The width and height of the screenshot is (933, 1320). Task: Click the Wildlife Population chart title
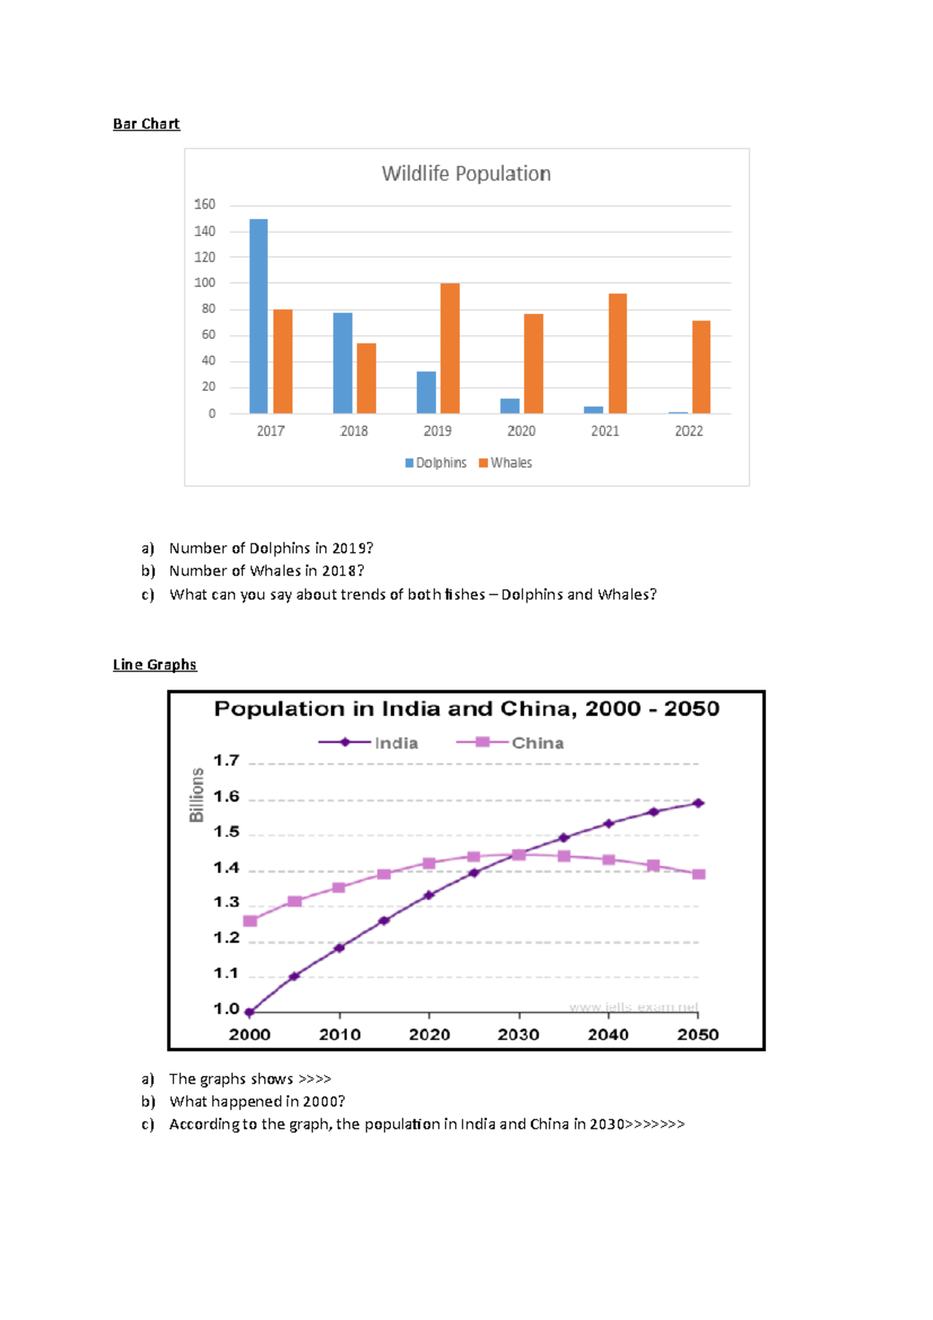tap(466, 173)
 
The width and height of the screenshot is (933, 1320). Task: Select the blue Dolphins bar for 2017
tap(258, 316)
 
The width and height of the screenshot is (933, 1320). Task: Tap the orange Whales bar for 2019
tap(449, 347)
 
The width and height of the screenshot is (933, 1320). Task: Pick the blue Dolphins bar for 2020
tap(509, 406)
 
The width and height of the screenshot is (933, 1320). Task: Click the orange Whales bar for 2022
tap(701, 366)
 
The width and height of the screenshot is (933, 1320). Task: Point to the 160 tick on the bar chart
tap(204, 204)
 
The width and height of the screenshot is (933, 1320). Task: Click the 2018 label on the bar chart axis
tap(354, 431)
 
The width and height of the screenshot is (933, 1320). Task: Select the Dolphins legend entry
tap(435, 463)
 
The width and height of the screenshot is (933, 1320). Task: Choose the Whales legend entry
tap(505, 463)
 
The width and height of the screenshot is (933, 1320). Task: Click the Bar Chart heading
tap(146, 124)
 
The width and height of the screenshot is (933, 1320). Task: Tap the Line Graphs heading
tap(155, 665)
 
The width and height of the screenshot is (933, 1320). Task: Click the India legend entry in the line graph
tap(369, 742)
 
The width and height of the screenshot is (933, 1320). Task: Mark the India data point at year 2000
tap(250, 1012)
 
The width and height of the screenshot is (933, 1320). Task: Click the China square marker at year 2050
tap(698, 875)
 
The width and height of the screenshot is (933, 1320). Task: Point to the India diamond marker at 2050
tap(698, 803)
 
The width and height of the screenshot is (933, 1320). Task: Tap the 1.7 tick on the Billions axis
tap(226, 760)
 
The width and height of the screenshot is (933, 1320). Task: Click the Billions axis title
tap(197, 795)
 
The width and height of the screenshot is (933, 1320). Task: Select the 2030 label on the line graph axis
tap(518, 1035)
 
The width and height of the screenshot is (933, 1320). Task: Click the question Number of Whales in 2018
tap(266, 571)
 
